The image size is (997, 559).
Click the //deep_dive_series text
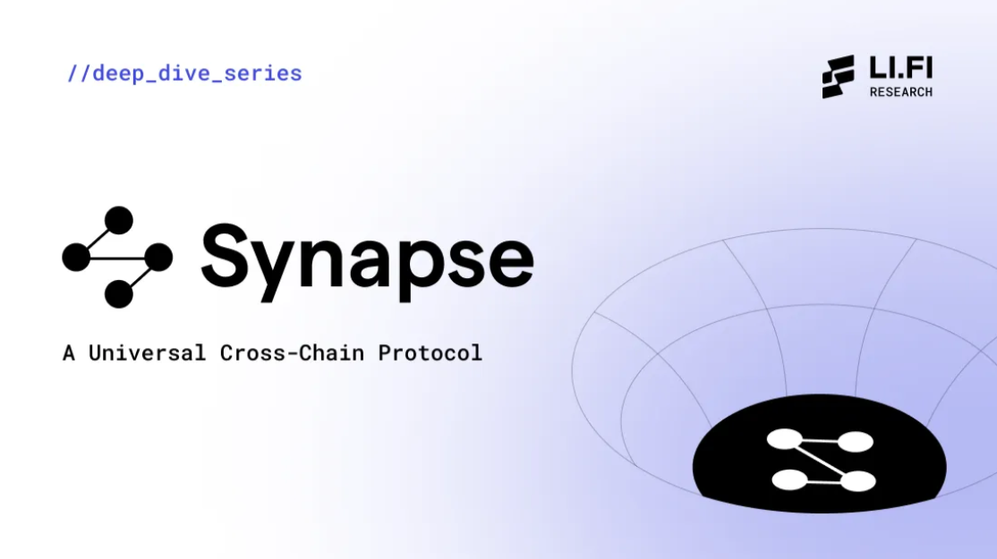(184, 73)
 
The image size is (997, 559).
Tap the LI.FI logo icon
(838, 77)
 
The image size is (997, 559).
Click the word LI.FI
(901, 68)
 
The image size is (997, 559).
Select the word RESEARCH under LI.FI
(901, 92)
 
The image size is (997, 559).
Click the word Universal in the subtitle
(148, 353)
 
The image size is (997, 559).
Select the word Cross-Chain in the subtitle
(292, 353)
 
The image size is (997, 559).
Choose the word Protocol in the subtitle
(430, 353)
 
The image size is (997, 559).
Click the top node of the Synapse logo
(118, 220)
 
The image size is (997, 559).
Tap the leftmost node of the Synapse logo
(76, 257)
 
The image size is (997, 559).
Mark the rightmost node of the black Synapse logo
(158, 258)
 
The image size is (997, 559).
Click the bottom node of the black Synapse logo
(118, 294)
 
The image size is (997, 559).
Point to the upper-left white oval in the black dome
(785, 439)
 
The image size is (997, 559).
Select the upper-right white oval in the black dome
(856, 442)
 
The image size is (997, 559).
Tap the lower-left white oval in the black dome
(789, 480)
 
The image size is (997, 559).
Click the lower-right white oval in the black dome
(858, 481)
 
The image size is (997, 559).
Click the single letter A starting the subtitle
(69, 353)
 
